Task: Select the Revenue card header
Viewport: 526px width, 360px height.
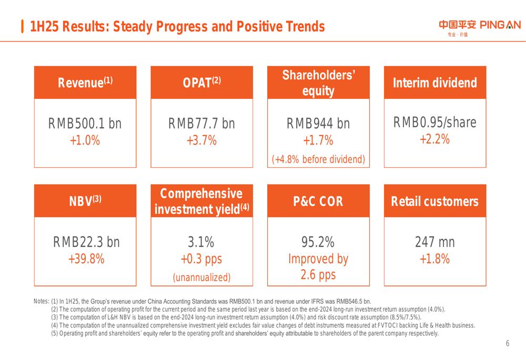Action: point(85,83)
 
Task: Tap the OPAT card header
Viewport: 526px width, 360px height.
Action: point(201,83)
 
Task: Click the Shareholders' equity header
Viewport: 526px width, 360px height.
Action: point(318,83)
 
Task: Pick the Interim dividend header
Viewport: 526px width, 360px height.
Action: point(435,83)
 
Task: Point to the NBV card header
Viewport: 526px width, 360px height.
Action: point(85,201)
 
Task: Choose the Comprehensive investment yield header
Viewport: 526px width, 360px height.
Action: point(201,201)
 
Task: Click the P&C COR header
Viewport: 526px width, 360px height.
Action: point(318,201)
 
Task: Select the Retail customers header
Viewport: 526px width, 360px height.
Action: point(435,201)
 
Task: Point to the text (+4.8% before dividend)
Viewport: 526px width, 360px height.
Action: point(318,159)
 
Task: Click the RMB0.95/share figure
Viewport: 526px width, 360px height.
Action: point(435,122)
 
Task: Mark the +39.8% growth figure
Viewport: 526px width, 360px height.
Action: point(85,259)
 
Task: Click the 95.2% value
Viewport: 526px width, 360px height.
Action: point(318,242)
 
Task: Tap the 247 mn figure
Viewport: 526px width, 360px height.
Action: point(435,242)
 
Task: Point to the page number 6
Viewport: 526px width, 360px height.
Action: point(508,344)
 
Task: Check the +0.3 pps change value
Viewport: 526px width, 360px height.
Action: point(201,260)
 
